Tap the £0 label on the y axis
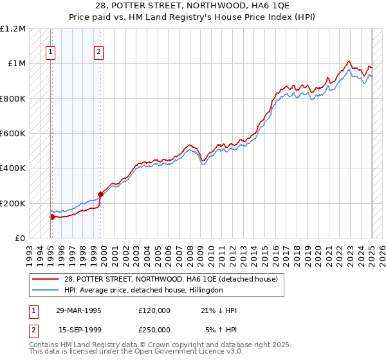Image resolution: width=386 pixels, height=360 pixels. click(20, 239)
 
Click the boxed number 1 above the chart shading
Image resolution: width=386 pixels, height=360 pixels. click(51, 53)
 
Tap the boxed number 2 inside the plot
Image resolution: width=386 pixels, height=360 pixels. click(98, 53)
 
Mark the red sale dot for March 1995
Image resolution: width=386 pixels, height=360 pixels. click(52, 217)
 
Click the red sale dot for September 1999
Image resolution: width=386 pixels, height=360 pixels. click(100, 194)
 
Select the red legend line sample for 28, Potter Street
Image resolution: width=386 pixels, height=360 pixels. click(45, 279)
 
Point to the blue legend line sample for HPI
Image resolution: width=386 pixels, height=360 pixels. click(45, 290)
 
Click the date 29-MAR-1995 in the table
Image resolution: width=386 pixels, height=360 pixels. click(78, 310)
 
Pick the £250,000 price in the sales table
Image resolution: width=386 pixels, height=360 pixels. click(154, 330)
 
